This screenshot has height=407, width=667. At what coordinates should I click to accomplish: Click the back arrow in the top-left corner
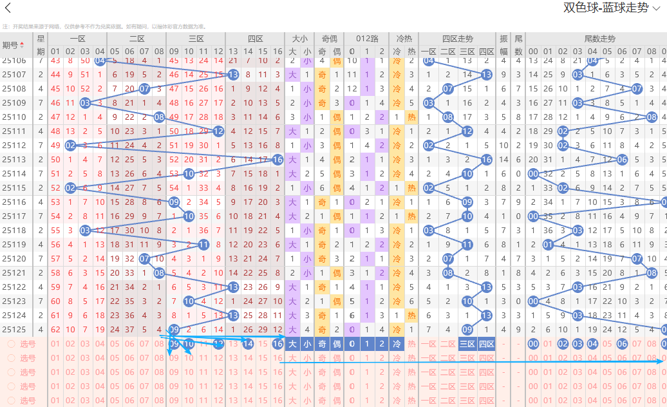point(8,8)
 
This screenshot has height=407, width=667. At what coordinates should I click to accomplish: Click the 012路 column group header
point(366,39)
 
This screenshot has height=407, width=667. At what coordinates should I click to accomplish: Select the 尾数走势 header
point(599,39)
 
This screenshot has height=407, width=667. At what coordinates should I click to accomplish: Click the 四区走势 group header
point(458,39)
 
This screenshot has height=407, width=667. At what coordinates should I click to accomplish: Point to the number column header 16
point(277,52)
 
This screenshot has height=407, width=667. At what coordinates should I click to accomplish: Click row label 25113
point(14,160)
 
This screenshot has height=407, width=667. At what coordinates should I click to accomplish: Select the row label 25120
point(14,259)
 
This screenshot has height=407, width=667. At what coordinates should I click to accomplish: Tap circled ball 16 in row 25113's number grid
point(277,160)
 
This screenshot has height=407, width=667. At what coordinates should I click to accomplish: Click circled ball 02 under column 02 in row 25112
point(70,146)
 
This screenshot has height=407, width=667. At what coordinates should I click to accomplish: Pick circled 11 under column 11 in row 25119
point(203,245)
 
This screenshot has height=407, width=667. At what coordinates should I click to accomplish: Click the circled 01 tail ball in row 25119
point(548,245)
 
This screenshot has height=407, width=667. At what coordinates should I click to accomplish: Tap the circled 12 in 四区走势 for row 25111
point(467,131)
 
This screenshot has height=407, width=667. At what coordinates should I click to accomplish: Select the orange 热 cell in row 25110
point(411,117)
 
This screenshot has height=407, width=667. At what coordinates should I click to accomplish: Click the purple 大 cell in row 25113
point(292,160)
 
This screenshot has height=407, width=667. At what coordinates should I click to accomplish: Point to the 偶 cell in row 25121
point(337,273)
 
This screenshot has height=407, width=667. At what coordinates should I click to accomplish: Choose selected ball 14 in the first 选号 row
point(248,344)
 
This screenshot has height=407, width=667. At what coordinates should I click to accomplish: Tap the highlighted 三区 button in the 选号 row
point(467,344)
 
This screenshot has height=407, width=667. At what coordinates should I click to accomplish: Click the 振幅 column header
point(503,45)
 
